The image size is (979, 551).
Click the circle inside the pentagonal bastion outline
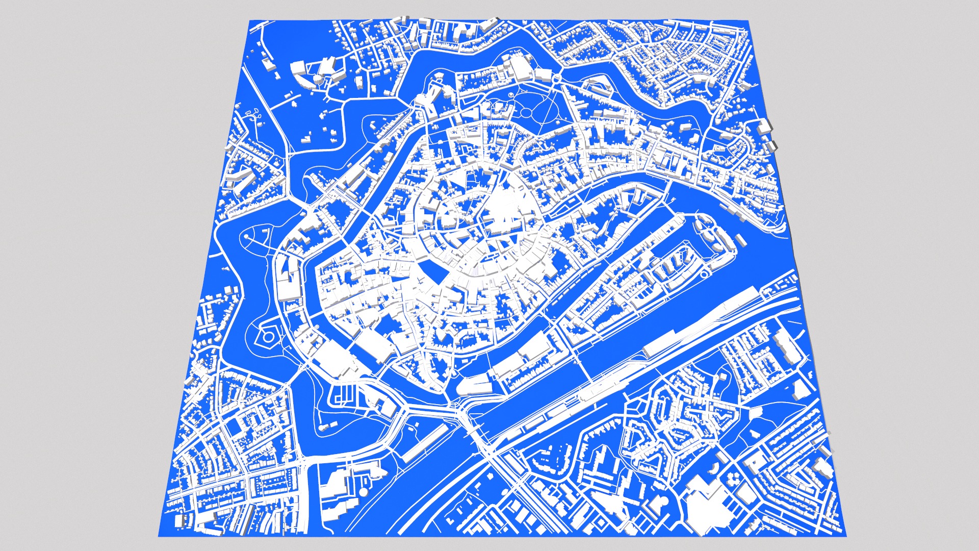point(268,337)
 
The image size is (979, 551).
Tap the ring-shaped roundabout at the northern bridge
point(557,78)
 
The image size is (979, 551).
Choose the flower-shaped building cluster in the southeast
point(735,478)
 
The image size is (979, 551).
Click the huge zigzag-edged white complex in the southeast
point(706,503)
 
